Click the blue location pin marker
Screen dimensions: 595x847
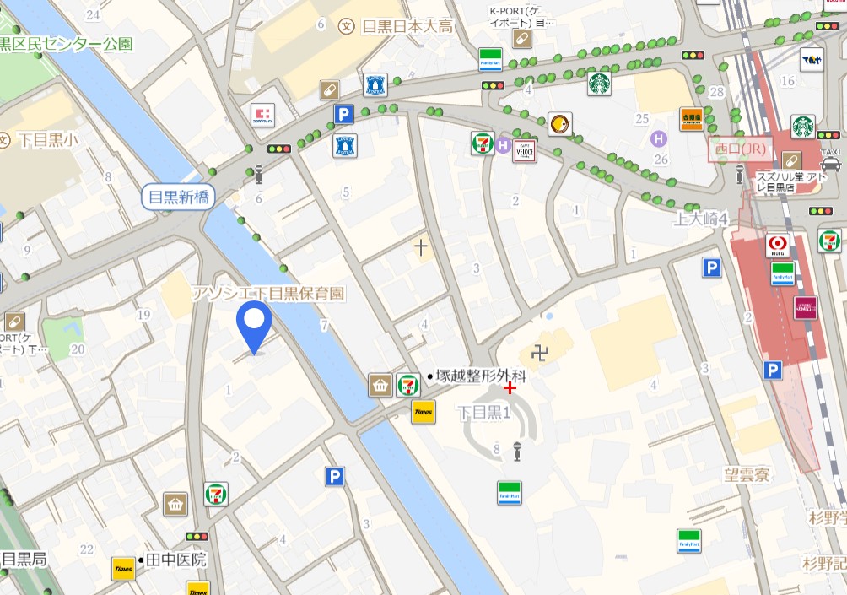[253, 325]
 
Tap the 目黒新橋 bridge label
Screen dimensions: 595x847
[178, 197]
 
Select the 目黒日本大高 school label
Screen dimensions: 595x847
[407, 26]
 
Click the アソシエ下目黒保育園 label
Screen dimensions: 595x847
[268, 293]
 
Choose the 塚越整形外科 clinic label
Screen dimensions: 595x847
[480, 376]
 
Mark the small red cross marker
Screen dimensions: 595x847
[510, 387]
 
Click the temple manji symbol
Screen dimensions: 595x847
[540, 352]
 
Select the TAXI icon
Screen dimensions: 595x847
[830, 158]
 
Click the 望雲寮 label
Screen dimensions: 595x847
[747, 475]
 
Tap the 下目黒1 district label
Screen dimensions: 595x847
[484, 413]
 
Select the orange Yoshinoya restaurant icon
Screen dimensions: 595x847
[692, 119]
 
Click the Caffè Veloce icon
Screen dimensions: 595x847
[525, 149]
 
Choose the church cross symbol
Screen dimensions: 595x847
[420, 246]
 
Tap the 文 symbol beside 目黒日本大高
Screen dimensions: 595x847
[346, 26]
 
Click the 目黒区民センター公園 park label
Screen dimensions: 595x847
[67, 43]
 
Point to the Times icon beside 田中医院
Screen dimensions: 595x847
[124, 568]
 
